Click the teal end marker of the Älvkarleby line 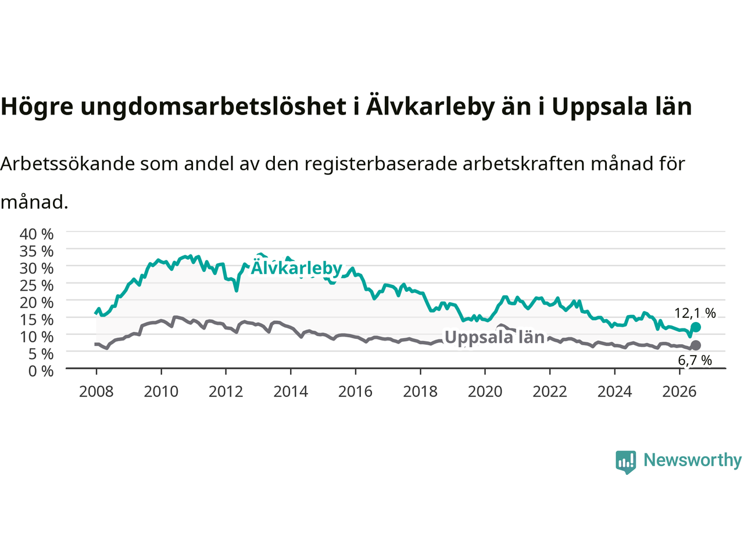[x=696, y=327]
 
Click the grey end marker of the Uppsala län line [x=696, y=345]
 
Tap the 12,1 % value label [x=695, y=313]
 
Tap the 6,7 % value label [x=695, y=360]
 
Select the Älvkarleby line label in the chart [x=296, y=267]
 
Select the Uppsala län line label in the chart [x=494, y=337]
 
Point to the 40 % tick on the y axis [x=37, y=234]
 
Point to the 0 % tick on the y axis [x=41, y=371]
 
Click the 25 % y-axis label [x=37, y=285]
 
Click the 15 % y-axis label [x=37, y=320]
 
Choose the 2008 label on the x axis [x=96, y=392]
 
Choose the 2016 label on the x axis [x=355, y=392]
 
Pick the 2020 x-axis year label [x=485, y=392]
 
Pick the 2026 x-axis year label [x=679, y=392]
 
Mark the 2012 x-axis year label [x=226, y=392]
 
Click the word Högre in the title [x=37, y=107]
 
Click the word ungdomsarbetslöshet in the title [x=213, y=107]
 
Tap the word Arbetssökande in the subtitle [x=67, y=164]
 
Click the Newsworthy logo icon [x=625, y=462]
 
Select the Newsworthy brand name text [x=692, y=460]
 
